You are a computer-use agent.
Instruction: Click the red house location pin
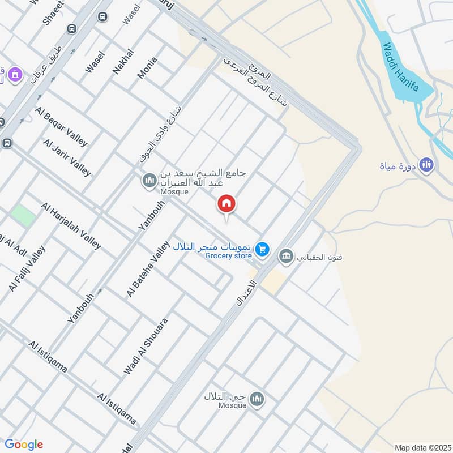click(226, 204)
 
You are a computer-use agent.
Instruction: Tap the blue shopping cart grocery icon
click(262, 248)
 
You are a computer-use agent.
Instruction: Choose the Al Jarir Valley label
click(67, 157)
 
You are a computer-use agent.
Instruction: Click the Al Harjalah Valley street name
click(71, 225)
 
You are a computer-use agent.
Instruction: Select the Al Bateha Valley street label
click(148, 268)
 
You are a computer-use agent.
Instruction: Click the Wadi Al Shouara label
click(146, 346)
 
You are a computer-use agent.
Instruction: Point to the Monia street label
click(147, 67)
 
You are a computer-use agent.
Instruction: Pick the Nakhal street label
click(123, 61)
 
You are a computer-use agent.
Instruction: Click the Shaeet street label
click(53, 12)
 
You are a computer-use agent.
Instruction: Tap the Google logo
click(24, 445)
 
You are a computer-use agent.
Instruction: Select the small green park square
click(23, 215)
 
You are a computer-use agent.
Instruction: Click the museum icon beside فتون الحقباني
click(286, 257)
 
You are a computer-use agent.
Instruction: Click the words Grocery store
click(228, 256)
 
